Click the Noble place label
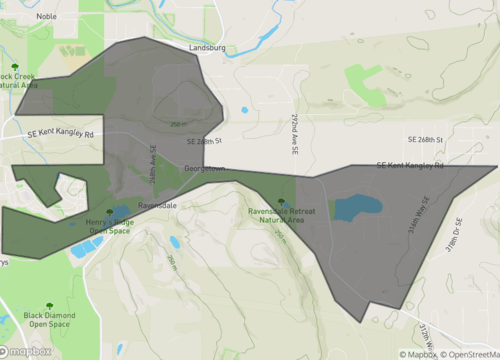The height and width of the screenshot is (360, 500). click(46, 17)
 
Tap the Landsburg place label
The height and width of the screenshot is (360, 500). click(207, 46)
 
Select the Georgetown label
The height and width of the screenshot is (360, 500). click(205, 168)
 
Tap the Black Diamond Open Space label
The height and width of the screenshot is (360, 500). click(48, 319)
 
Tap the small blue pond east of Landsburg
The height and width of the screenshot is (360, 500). click(244, 110)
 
